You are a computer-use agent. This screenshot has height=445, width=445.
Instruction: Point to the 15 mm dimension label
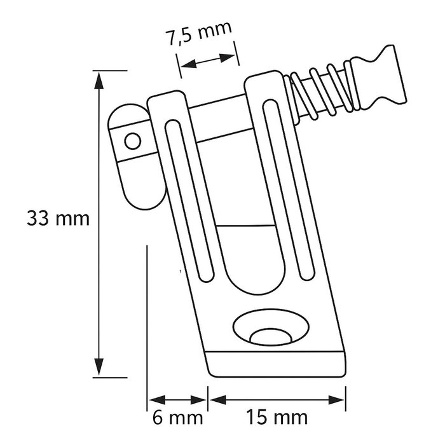(x=278, y=418)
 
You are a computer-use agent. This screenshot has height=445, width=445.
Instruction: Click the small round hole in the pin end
(x=132, y=139)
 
